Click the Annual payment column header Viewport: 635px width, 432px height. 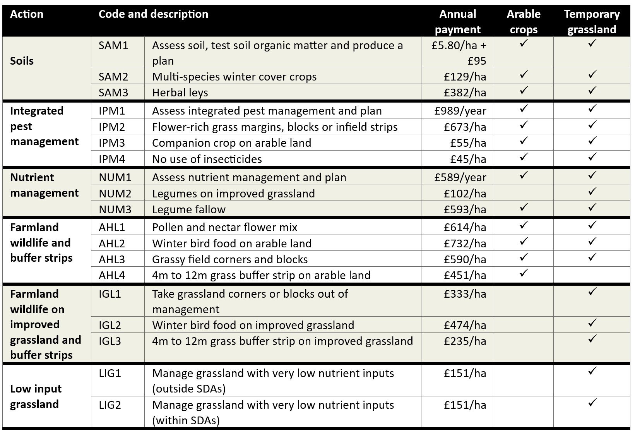[457, 22]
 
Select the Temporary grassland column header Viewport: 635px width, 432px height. [592, 22]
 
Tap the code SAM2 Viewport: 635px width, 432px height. [113, 77]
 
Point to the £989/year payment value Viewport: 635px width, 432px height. [460, 111]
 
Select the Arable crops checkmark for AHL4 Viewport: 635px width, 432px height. [524, 273]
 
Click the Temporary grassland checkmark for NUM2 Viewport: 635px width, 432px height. [592, 192]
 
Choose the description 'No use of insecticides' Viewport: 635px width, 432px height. [207, 159]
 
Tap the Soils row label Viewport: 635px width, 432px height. [22, 61]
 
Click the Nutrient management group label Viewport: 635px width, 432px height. [44, 185]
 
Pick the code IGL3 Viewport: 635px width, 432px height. [110, 341]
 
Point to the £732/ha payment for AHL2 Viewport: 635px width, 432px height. [465, 243]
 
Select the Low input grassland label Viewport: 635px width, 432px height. [36, 396]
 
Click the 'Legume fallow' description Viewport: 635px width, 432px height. [189, 209]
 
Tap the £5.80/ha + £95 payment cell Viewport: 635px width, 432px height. [459, 53]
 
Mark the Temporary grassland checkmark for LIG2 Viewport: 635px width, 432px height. [592, 403]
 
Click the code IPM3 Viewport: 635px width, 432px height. [112, 143]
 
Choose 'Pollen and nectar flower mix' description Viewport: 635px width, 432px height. [224, 227]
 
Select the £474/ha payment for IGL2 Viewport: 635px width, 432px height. [465, 325]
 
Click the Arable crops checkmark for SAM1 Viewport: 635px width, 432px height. [524, 43]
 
